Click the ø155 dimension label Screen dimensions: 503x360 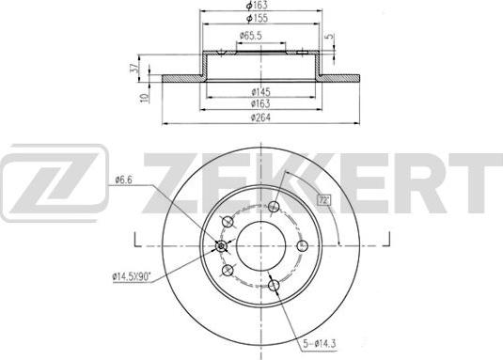pyautogui.click(x=257, y=18)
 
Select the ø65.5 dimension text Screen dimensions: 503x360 pyautogui.click(x=250, y=36)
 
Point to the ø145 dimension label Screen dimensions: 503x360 pyautogui.click(x=260, y=92)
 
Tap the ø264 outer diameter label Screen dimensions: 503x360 pyautogui.click(x=260, y=117)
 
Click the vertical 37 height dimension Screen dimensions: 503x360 pyautogui.click(x=134, y=68)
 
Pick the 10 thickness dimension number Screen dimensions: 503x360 pyautogui.click(x=146, y=98)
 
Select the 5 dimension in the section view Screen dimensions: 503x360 pyautogui.click(x=329, y=36)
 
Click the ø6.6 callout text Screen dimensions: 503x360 pyautogui.click(x=123, y=180)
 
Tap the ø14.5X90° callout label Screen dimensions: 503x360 pyautogui.click(x=132, y=276)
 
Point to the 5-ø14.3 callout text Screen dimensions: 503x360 pyautogui.click(x=319, y=344)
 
